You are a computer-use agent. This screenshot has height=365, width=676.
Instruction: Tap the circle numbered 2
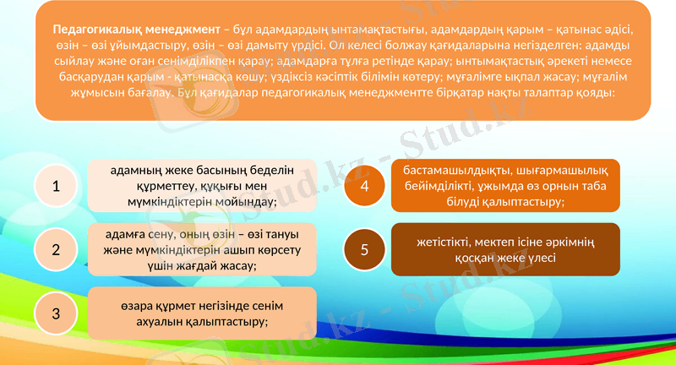coord(56,250)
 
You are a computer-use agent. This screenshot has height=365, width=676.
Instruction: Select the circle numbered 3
coord(56,313)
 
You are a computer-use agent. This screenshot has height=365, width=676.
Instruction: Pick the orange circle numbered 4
coord(364,186)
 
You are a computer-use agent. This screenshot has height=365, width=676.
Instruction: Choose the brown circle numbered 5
coord(364,249)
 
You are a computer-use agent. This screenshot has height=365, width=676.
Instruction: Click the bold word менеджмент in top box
coord(178,29)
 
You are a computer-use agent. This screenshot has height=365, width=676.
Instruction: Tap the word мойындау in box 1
coord(243,202)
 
